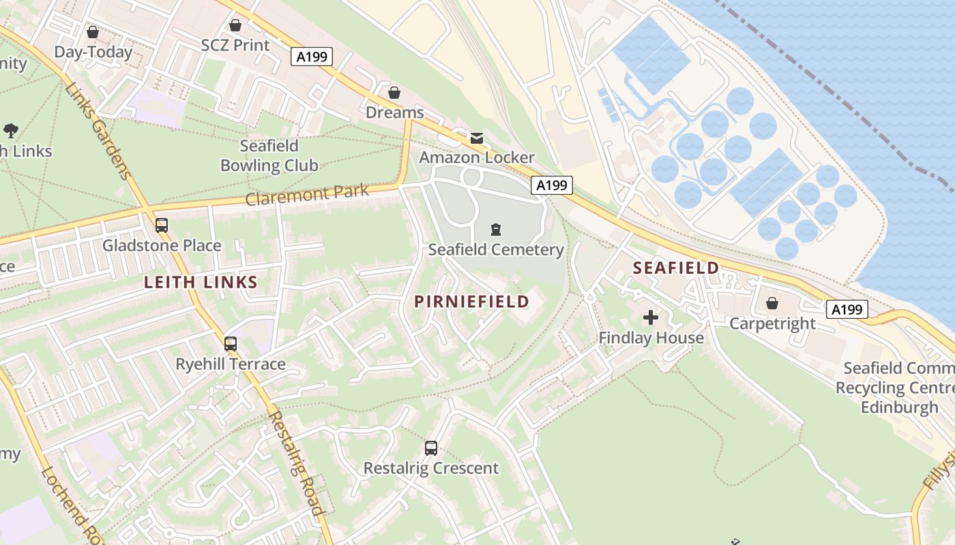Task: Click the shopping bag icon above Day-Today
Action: (x=93, y=32)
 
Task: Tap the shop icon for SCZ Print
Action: (x=235, y=25)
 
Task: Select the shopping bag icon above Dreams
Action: (x=394, y=92)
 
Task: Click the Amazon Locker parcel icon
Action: (x=476, y=138)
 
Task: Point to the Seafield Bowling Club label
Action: (x=269, y=156)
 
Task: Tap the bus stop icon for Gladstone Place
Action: (x=162, y=225)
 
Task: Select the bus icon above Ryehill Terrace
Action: (x=231, y=343)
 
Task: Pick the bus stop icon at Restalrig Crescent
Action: (x=431, y=448)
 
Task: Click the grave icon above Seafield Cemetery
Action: (x=496, y=230)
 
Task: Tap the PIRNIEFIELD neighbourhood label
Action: (x=472, y=302)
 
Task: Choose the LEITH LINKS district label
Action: (x=201, y=283)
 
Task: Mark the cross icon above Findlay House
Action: (x=651, y=317)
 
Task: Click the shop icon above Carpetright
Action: (x=772, y=302)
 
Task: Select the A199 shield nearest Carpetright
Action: (x=847, y=309)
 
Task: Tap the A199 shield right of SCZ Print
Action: (x=312, y=57)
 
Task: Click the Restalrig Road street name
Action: (x=295, y=463)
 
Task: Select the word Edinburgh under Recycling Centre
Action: (x=899, y=408)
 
